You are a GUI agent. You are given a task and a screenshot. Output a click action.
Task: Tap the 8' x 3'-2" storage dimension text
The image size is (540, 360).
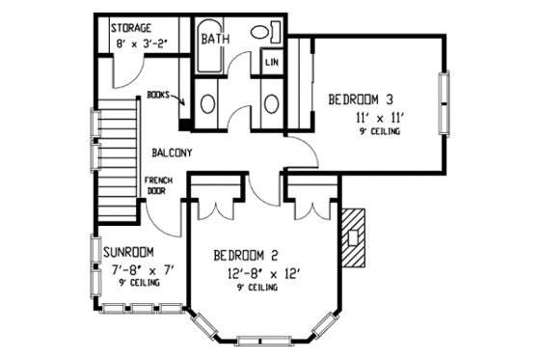(x=139, y=43)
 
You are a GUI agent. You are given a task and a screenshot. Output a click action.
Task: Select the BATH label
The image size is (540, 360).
(x=214, y=40)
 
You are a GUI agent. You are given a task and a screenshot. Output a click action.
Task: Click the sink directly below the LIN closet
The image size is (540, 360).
(x=271, y=101)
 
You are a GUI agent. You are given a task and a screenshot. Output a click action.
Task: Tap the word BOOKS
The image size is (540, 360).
(x=159, y=95)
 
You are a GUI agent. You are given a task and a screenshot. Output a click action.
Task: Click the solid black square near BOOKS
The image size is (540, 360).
(x=184, y=123)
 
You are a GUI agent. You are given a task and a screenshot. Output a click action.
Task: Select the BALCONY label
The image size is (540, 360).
(x=173, y=152)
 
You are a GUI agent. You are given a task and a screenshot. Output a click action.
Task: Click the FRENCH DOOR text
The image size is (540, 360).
(x=157, y=185)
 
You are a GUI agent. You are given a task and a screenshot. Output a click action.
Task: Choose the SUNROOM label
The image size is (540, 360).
(x=131, y=251)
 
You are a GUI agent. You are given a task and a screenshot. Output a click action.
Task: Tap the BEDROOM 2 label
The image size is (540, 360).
(x=246, y=256)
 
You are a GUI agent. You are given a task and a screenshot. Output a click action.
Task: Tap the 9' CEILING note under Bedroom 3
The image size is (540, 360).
(x=376, y=132)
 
